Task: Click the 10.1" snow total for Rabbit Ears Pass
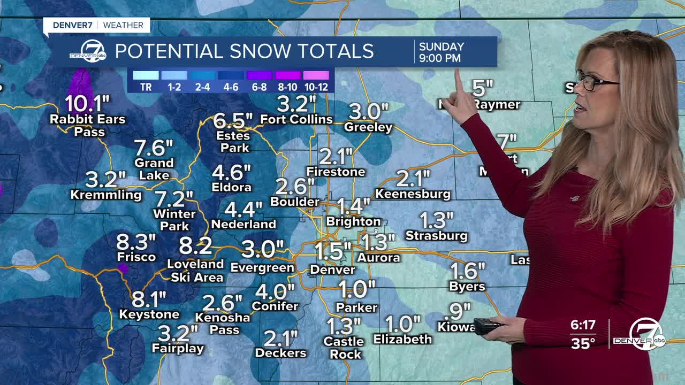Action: [x=87, y=103]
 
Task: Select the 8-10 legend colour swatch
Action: [x=287, y=75]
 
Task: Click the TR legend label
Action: [x=146, y=87]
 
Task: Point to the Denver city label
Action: [x=332, y=270]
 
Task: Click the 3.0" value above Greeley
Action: [x=368, y=112]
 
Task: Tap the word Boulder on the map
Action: [x=295, y=202]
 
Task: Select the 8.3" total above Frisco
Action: [x=136, y=242]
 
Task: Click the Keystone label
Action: [x=149, y=314]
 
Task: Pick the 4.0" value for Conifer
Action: [x=275, y=291]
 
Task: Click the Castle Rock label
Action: [x=344, y=348]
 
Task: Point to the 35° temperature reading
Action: [x=583, y=343]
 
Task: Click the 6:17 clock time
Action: [x=582, y=325]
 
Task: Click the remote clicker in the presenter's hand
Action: [x=488, y=326]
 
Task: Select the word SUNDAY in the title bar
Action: [x=442, y=47]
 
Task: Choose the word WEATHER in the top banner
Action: [x=123, y=25]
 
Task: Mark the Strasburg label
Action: [x=436, y=235]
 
